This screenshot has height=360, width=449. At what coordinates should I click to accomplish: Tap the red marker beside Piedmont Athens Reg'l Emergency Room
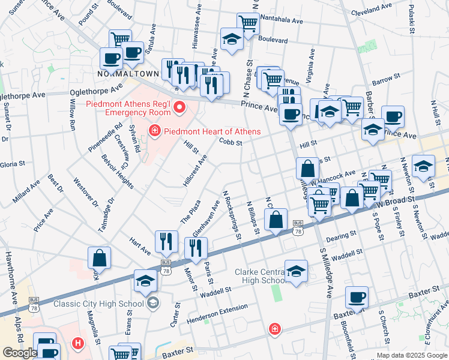tap(178, 108)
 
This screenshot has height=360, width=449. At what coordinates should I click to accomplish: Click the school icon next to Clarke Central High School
tap(296, 271)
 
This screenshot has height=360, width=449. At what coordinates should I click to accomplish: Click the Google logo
tap(20, 353)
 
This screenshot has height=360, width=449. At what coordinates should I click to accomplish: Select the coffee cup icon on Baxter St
tap(357, 298)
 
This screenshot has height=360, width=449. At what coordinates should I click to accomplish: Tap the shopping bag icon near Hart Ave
tap(100, 259)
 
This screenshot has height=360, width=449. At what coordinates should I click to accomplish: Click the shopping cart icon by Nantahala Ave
tap(248, 24)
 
